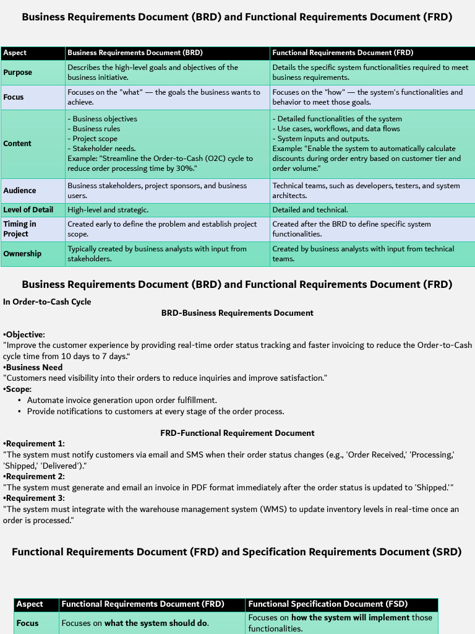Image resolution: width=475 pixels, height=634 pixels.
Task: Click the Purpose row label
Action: (x=18, y=72)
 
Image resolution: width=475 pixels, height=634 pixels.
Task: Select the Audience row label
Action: (x=20, y=191)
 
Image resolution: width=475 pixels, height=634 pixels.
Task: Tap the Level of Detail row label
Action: (x=28, y=210)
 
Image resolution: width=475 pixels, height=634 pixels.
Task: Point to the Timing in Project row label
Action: (x=20, y=229)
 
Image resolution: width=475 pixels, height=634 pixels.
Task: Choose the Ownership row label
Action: (x=22, y=254)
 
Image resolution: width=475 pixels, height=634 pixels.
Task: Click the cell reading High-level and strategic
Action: (x=108, y=210)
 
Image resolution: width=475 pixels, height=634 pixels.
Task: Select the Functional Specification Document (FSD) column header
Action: (x=328, y=604)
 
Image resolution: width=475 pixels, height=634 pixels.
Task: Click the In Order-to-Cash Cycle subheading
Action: (x=47, y=302)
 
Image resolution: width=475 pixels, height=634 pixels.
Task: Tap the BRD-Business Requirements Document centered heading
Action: (x=237, y=313)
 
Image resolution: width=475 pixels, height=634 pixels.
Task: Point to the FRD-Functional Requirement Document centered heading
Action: (x=237, y=433)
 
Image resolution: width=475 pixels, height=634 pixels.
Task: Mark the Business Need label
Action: (x=34, y=367)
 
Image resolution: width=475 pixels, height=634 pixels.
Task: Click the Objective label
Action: (x=25, y=334)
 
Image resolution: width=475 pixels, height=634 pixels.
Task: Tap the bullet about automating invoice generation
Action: (x=122, y=400)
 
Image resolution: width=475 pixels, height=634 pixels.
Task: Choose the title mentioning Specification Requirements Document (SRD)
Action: (x=237, y=552)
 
